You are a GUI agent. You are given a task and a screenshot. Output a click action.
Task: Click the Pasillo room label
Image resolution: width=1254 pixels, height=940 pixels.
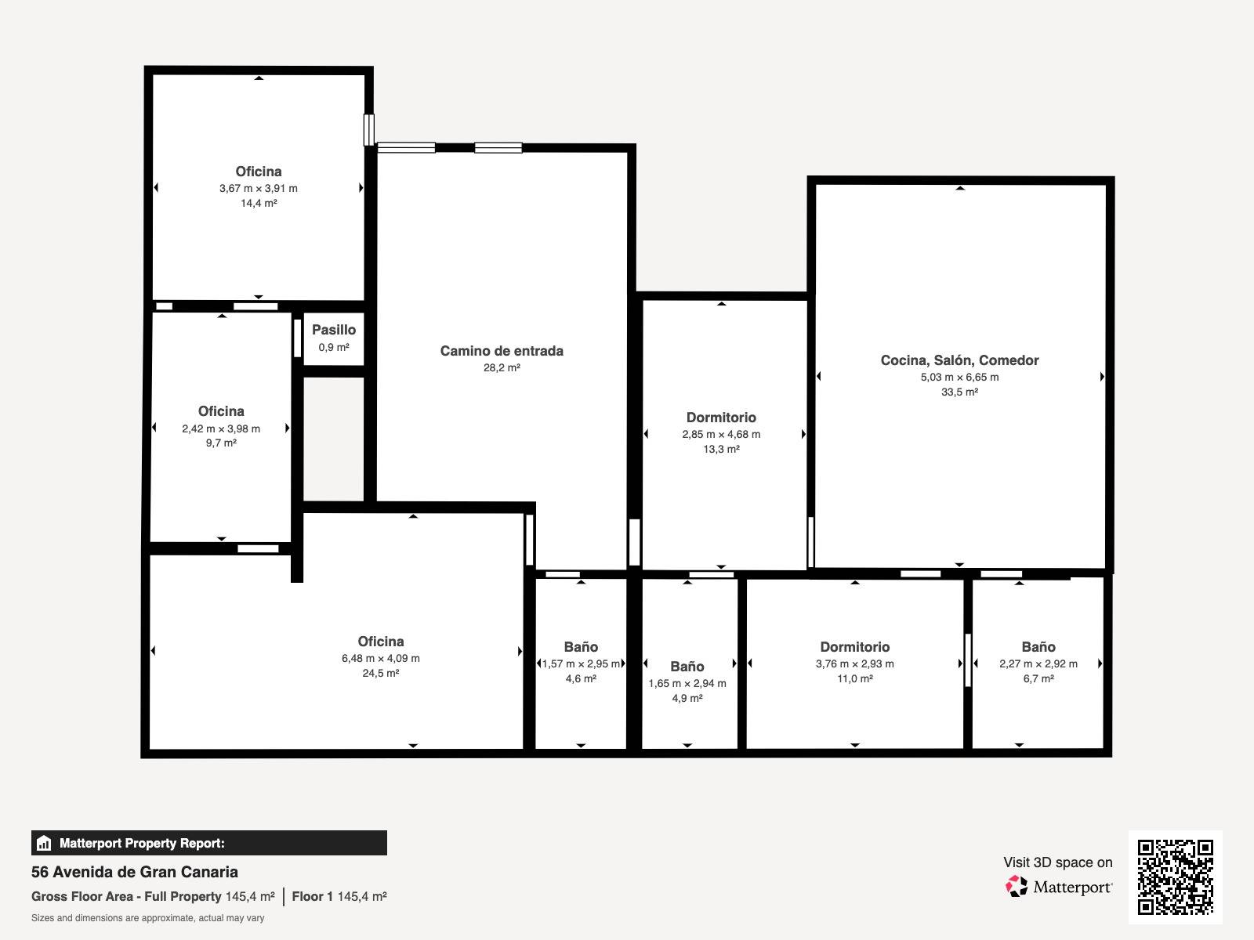pos(334,330)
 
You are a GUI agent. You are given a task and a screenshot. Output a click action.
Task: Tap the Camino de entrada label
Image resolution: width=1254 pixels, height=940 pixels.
pos(502,351)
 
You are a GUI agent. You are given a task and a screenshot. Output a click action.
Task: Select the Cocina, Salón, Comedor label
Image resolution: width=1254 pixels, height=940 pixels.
pos(959,360)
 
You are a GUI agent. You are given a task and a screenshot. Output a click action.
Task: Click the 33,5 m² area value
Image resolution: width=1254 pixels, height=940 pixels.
pos(959,392)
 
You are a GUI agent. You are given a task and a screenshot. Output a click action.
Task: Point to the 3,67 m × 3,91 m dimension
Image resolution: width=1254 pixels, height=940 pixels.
pos(258,188)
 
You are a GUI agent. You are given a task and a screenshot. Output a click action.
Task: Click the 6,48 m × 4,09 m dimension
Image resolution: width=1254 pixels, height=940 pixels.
pos(380,658)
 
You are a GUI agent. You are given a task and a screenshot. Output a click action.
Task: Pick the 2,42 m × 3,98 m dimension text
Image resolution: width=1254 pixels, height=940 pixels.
pos(221,428)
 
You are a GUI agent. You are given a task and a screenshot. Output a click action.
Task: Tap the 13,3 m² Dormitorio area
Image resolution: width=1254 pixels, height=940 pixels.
pos(721,449)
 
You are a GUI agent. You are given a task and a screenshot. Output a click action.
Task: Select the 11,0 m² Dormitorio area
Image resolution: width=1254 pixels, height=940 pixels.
pos(854,678)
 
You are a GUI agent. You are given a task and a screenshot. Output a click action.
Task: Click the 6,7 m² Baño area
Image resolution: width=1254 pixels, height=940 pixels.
pos(1038,678)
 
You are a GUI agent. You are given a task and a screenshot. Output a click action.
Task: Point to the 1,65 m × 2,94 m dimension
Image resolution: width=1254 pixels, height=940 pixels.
pos(687,683)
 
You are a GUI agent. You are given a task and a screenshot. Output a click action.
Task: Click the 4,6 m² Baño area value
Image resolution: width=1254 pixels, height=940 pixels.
pos(581,678)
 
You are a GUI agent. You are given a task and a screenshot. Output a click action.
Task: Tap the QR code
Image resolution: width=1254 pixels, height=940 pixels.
pos(1175,877)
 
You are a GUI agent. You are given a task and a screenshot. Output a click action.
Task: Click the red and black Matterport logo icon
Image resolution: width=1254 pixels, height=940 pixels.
pos(1017,887)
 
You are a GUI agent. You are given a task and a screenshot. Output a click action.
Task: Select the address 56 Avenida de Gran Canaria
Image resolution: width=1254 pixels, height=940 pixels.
pos(134,872)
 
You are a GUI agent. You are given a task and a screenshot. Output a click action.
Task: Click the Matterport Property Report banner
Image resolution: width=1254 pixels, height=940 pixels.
pos(209,843)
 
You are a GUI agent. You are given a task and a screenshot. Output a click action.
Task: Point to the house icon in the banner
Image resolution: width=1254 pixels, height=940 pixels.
pos(44,843)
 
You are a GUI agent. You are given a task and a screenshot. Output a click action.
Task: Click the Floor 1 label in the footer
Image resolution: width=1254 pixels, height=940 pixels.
pos(312,897)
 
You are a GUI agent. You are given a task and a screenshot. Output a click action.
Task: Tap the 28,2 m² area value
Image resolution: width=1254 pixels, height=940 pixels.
pos(502,368)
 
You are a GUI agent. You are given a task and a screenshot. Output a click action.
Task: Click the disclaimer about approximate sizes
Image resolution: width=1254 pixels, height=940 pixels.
pos(147,918)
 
